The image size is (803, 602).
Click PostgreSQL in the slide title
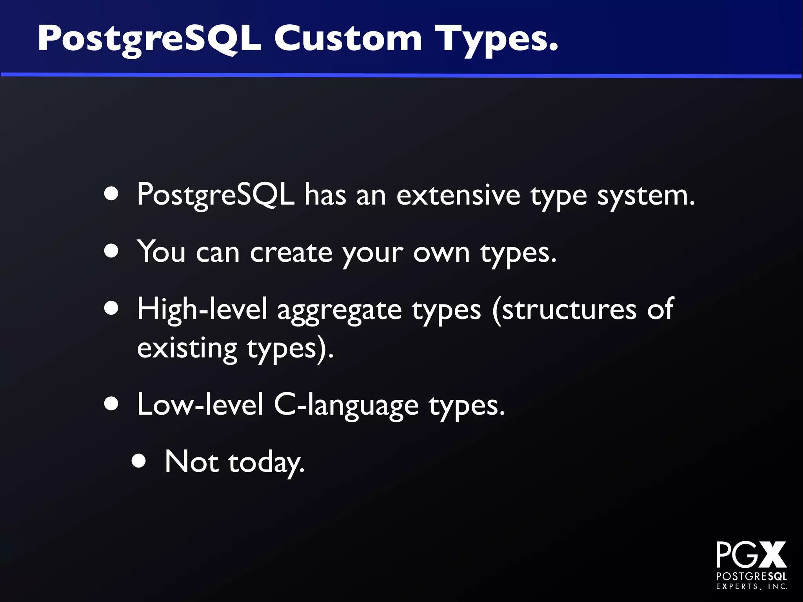point(149,39)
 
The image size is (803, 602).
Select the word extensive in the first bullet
point(458,195)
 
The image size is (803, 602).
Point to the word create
point(291,252)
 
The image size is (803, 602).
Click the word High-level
point(202,309)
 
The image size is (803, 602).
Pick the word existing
point(187,348)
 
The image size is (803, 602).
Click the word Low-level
point(200,404)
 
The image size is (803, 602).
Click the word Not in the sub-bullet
point(191,462)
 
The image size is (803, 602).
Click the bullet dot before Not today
point(139,462)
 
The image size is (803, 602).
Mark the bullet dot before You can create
point(112,251)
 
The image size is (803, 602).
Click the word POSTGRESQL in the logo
point(752,576)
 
